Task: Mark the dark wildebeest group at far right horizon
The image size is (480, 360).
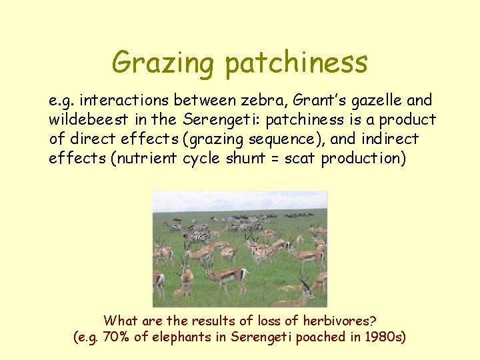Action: pos(300,215)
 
